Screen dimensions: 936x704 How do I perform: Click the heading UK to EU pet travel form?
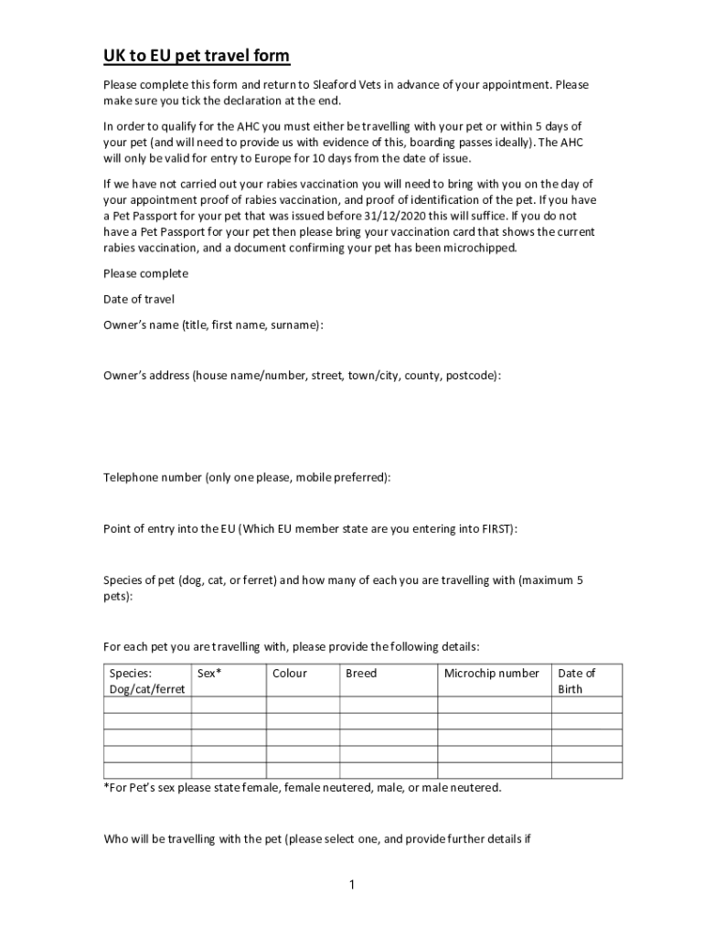point(196,57)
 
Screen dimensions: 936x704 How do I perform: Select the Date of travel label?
point(138,299)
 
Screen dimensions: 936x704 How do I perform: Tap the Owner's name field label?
point(213,324)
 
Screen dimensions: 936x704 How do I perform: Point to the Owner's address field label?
point(302,375)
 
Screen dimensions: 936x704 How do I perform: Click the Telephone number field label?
point(247,477)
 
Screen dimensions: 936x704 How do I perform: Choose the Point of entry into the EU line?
point(310,528)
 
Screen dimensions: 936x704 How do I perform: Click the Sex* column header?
point(209,674)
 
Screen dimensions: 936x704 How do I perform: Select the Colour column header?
point(290,674)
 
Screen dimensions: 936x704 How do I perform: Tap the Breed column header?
point(361,674)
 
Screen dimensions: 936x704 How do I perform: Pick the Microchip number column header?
point(492,674)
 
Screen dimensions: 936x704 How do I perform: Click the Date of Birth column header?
point(576,681)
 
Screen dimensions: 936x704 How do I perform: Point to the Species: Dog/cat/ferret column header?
point(146,681)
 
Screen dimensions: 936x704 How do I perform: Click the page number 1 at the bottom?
point(352,885)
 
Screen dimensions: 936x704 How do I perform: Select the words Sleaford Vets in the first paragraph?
point(347,85)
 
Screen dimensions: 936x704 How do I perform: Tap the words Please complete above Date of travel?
point(145,273)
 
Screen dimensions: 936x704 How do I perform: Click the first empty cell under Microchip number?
point(494,705)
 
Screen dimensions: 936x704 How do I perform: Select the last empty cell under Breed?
point(389,771)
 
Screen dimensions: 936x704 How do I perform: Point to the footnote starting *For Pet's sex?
point(302,787)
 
